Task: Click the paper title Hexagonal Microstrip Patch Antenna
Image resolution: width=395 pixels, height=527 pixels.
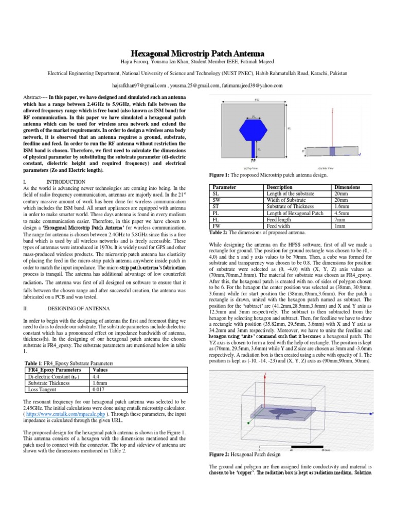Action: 197,54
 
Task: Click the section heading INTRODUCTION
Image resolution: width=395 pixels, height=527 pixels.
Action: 66,182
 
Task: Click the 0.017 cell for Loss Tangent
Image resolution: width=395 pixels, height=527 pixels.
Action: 98,390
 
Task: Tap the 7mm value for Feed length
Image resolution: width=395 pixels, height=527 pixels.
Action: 340,218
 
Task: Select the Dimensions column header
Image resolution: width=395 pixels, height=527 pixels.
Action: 347,187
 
